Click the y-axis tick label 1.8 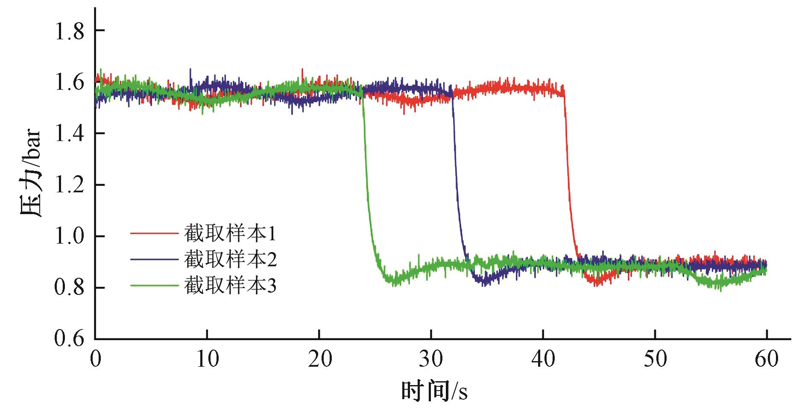(69, 31)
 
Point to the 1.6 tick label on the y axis (69, 82)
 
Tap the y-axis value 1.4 (69, 134)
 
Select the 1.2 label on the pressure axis (69, 185)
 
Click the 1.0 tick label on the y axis (69, 236)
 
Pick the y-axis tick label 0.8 (69, 288)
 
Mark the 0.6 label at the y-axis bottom (69, 339)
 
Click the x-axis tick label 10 (207, 359)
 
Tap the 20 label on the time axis (319, 359)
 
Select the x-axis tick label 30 (431, 359)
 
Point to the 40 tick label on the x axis (543, 359)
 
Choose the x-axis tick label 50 (655, 359)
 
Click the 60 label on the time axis (767, 359)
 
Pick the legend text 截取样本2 (230, 259)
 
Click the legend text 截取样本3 (230, 285)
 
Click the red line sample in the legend (154, 233)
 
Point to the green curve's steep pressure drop (366, 179)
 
